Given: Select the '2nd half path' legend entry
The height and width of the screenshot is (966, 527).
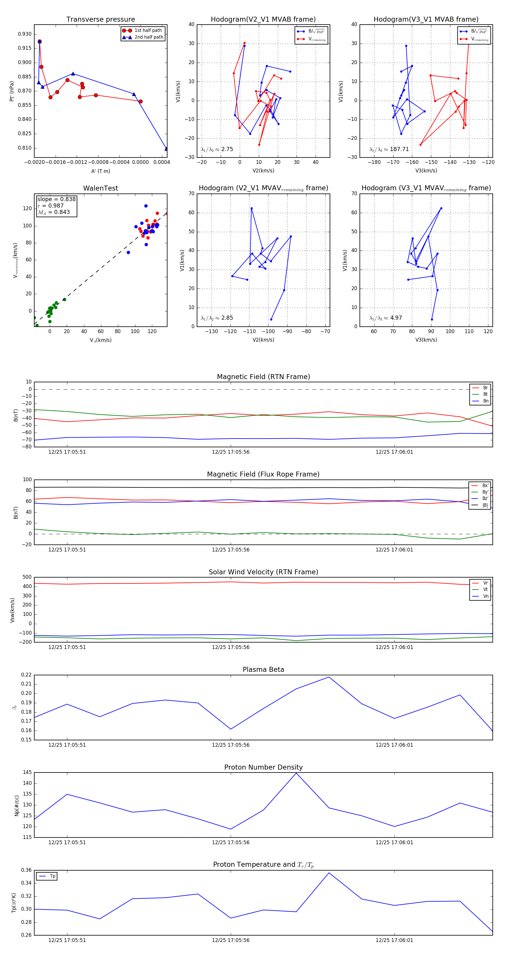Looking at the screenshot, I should pyautogui.click(x=148, y=37).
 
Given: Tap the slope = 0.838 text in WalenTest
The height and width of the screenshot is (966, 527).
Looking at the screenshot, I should pyautogui.click(x=56, y=199).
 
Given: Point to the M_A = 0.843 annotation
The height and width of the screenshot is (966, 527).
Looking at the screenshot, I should pyautogui.click(x=54, y=212).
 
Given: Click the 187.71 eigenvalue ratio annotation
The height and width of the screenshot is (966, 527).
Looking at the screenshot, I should pyautogui.click(x=399, y=149).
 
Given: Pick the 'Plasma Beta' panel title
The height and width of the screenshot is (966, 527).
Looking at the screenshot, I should pyautogui.click(x=263, y=669).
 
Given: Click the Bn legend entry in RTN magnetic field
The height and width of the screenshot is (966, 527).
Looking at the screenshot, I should pyautogui.click(x=485, y=401).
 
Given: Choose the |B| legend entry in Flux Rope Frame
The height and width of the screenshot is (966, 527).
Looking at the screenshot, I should pyautogui.click(x=485, y=505).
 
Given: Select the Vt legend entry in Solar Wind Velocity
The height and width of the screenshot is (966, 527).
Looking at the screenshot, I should pyautogui.click(x=485, y=590).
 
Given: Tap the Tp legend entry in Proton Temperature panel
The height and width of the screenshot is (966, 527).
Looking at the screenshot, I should pyautogui.click(x=52, y=876).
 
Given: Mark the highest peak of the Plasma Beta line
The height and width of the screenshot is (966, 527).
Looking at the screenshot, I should pyautogui.click(x=329, y=677).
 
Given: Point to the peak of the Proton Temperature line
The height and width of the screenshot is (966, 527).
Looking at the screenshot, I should pyautogui.click(x=329, y=873).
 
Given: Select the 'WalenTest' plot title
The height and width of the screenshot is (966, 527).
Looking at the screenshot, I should pyautogui.click(x=100, y=188).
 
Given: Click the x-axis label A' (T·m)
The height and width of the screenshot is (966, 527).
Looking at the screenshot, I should pyautogui.click(x=100, y=171).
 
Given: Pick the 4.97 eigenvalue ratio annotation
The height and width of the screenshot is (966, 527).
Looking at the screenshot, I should pyautogui.click(x=396, y=318).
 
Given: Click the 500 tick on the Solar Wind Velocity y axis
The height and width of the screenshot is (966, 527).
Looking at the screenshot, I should pyautogui.click(x=27, y=577).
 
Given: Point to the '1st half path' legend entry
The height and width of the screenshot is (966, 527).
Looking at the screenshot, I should pyautogui.click(x=148, y=30).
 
